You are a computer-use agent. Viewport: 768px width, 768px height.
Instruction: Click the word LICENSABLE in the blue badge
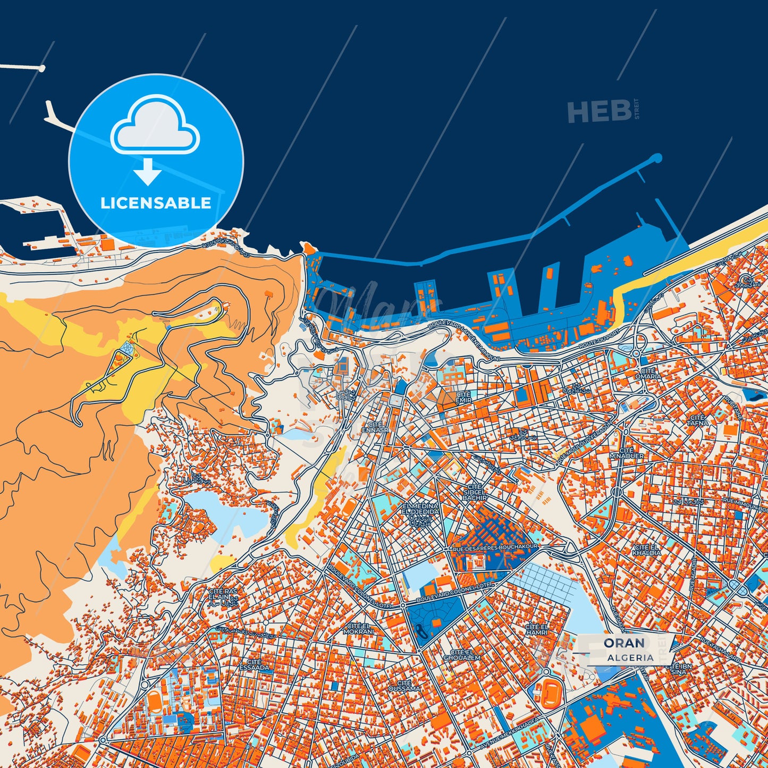(x=156, y=203)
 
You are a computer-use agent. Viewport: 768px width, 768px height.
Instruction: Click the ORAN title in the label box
(x=624, y=643)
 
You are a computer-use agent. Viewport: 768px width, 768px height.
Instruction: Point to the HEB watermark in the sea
(x=600, y=112)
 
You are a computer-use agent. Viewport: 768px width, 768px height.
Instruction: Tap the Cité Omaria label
(x=648, y=374)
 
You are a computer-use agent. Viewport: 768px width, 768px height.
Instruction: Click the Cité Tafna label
(x=697, y=420)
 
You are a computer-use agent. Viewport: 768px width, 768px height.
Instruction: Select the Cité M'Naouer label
(x=627, y=453)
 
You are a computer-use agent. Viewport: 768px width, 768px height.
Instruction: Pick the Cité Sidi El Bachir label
(x=475, y=492)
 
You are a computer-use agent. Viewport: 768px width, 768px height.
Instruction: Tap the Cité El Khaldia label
(x=646, y=550)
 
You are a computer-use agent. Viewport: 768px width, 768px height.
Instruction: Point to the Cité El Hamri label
(x=536, y=630)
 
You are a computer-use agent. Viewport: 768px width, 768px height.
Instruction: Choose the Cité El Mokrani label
(x=358, y=629)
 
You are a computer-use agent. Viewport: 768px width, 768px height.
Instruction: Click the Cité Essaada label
(x=254, y=664)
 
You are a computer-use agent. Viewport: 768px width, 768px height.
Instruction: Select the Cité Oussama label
(x=404, y=686)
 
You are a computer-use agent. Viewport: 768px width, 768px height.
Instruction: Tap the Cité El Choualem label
(x=461, y=655)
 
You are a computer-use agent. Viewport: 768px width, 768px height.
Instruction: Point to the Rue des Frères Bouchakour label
(x=495, y=546)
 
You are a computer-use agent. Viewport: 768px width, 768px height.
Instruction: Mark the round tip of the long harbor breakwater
(x=657, y=158)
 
